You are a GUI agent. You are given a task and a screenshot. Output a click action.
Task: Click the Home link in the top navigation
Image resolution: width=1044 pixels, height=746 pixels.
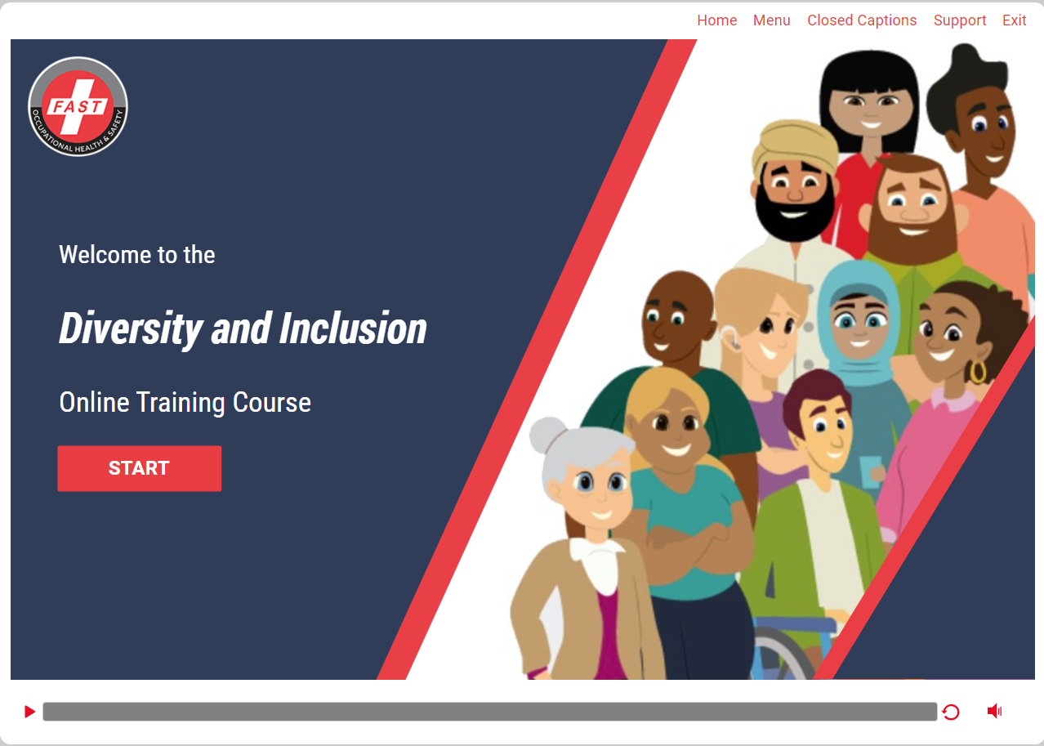pos(716,20)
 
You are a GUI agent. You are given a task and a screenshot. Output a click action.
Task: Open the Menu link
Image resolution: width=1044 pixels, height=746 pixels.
pos(771,20)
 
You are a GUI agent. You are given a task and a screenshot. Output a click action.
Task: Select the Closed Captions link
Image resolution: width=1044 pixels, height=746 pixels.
pos(862,20)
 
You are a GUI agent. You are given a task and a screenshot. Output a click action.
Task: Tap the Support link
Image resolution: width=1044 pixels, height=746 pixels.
pos(960,20)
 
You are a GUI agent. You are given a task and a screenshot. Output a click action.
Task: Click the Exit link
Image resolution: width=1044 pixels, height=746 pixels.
pos(1014,20)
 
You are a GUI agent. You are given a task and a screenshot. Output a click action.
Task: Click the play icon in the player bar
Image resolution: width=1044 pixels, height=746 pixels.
pos(30,712)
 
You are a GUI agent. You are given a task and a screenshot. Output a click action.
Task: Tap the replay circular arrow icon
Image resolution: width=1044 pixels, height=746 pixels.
pos(951,712)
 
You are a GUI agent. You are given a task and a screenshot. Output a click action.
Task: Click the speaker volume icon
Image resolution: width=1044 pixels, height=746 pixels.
pos(995,711)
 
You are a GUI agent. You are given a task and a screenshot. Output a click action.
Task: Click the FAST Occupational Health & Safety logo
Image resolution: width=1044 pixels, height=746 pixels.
pos(78,107)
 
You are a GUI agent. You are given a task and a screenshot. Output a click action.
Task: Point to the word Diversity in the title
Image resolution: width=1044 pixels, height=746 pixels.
pos(131,329)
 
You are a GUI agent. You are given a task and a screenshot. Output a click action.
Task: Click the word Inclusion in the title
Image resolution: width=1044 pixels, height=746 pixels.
pos(353,328)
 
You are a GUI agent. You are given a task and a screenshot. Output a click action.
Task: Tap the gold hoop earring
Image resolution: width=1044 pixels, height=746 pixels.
pos(978,372)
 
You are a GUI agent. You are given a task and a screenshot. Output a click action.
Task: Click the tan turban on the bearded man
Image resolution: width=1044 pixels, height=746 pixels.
pos(794,147)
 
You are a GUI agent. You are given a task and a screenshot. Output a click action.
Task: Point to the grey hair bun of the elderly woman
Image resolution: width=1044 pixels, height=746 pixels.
pos(548,435)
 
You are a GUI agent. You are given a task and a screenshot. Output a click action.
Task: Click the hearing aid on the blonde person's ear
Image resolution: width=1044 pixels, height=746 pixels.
pos(729,337)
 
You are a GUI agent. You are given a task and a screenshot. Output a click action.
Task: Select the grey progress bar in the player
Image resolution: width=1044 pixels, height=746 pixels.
pos(490,712)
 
